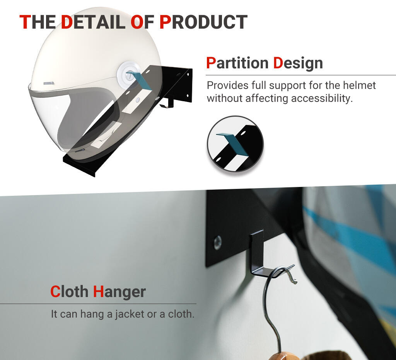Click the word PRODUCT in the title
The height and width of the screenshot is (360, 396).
tap(203, 22)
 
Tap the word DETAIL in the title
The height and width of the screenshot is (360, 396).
tap(93, 22)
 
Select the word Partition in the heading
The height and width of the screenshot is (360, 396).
tap(237, 63)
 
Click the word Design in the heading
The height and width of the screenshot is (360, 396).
tap(298, 63)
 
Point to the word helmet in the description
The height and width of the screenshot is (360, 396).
tap(359, 85)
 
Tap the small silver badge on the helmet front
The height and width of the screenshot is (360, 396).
tap(48, 83)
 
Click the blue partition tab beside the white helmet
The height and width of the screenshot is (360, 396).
tap(140, 80)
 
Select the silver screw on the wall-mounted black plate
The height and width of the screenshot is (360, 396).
tap(218, 243)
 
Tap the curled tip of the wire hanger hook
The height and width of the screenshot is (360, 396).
tap(294, 280)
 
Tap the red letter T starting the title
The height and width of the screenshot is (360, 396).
tap(25, 22)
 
